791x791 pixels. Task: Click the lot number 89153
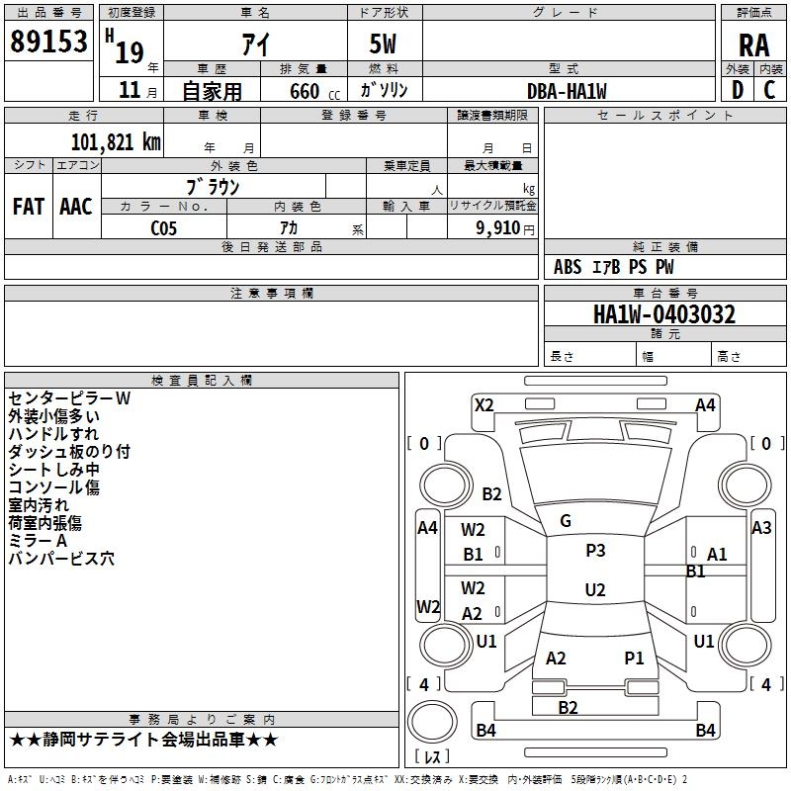48,42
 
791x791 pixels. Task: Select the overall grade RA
753,44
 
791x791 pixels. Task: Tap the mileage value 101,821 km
116,142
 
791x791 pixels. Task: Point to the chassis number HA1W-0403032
664,315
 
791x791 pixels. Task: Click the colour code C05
164,228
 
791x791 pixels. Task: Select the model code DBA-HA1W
567,91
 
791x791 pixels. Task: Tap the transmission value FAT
28,207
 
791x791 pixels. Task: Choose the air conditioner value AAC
76,207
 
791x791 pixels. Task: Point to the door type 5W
385,43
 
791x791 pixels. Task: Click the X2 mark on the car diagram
484,404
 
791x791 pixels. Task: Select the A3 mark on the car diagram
761,528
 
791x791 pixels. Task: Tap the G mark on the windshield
566,521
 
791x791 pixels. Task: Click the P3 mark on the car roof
595,551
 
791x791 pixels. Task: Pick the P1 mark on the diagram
634,658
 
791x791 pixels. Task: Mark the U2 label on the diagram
595,590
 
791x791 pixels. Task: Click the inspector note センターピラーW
69,398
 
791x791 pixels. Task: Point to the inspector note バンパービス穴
61,559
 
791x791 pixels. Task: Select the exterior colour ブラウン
214,186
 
